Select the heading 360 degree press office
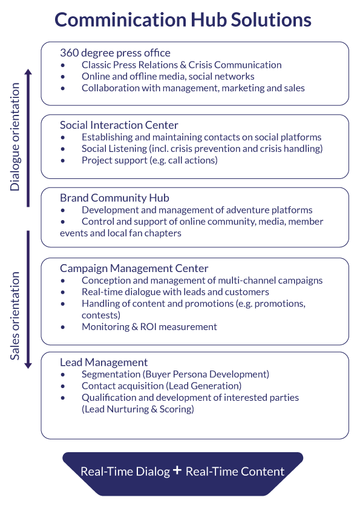click(115, 53)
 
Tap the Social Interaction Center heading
click(119, 125)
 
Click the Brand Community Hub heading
click(114, 198)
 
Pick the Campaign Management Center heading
click(134, 268)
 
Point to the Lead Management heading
click(103, 362)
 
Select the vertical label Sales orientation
click(15, 316)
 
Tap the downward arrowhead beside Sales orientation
click(28, 365)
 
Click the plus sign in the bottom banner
click(177, 470)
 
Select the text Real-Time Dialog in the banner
click(125, 472)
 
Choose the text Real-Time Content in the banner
click(235, 472)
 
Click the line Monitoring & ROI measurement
click(149, 326)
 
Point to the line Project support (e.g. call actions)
click(149, 160)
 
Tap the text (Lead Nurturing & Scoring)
click(137, 409)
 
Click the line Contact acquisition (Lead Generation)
click(161, 386)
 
